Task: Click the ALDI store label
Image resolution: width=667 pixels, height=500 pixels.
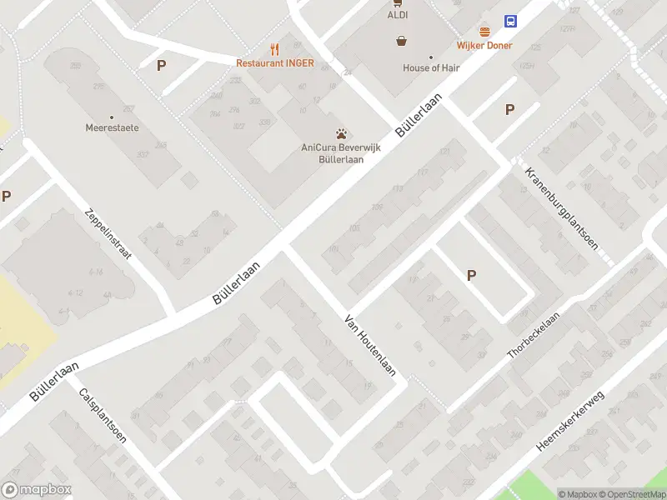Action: click(396, 15)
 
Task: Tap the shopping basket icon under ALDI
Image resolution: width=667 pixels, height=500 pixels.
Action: click(402, 40)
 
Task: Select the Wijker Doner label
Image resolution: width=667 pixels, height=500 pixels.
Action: click(484, 46)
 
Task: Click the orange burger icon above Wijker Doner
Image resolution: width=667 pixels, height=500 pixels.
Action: click(484, 32)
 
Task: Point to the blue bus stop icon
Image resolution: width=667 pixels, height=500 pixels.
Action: click(510, 22)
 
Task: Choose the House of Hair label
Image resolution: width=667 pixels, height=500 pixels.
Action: click(432, 68)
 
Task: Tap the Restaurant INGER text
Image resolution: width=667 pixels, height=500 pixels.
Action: click(275, 63)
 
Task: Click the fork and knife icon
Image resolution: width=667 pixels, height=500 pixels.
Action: click(274, 48)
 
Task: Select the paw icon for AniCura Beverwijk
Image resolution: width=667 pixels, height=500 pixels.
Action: click(341, 133)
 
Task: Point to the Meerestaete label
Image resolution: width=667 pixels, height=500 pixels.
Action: click(112, 128)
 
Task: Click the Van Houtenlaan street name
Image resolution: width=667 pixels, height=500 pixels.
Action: click(370, 345)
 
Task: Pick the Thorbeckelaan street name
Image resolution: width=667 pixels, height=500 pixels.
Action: click(534, 331)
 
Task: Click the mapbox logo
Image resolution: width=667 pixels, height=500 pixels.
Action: click(37, 490)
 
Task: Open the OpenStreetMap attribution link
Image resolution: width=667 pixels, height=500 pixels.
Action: click(630, 494)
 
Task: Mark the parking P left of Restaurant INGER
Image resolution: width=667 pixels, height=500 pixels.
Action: click(162, 65)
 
